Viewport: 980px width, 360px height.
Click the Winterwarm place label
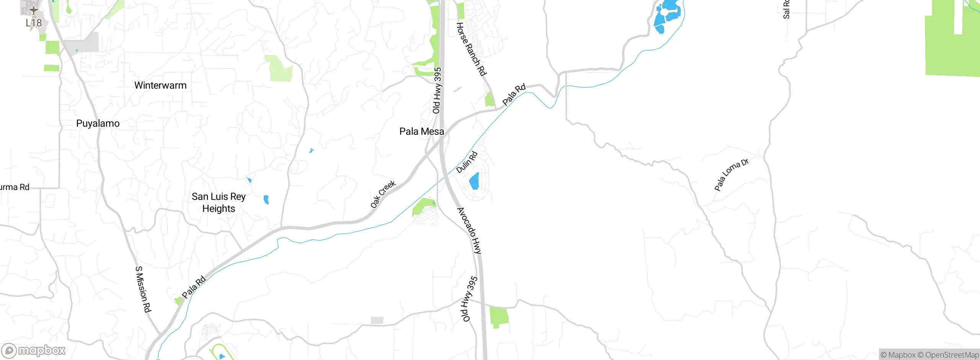click(x=160, y=85)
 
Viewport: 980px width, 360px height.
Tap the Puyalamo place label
click(x=98, y=123)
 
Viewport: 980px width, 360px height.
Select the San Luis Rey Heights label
click(x=219, y=202)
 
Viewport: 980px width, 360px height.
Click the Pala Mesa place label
click(x=421, y=131)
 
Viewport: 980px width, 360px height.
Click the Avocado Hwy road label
click(x=469, y=231)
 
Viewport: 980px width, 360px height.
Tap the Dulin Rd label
click(x=467, y=162)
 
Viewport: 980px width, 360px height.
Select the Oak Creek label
click(x=382, y=194)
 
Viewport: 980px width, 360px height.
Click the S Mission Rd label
click(x=143, y=289)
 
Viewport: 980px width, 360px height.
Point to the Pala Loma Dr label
click(x=731, y=174)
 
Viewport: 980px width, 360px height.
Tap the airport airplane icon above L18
click(x=34, y=10)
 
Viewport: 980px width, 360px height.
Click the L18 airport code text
click(x=34, y=23)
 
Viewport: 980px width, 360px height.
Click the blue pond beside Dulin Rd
click(x=474, y=181)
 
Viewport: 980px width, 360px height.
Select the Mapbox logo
click(x=34, y=350)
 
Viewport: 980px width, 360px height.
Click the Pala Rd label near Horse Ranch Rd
click(x=514, y=94)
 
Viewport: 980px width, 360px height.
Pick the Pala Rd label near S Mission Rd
click(x=194, y=286)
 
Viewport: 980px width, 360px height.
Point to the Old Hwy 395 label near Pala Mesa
click(x=437, y=90)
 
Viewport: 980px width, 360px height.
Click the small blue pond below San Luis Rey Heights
click(x=266, y=200)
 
